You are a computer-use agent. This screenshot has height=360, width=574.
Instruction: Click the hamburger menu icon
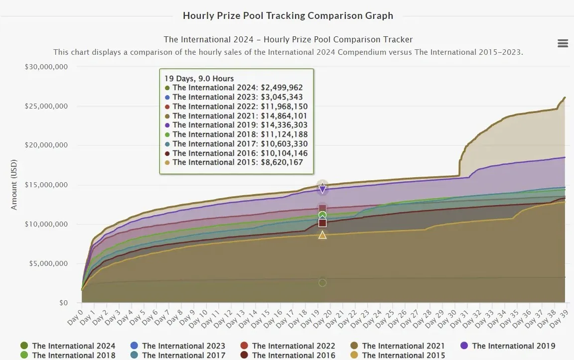563,43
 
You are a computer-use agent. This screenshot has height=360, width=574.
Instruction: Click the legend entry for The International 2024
68,346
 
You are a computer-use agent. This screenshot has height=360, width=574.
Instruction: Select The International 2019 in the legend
508,346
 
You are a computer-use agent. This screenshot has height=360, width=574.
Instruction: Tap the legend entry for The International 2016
287,355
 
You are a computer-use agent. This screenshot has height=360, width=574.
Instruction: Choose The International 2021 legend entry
398,346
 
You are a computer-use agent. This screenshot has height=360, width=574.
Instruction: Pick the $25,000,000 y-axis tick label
46,106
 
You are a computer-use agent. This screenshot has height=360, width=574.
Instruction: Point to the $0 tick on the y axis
64,303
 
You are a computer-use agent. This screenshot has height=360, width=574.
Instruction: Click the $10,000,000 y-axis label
46,224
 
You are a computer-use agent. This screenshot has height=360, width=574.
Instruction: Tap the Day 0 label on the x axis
75,318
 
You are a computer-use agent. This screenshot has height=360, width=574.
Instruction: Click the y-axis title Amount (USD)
14,185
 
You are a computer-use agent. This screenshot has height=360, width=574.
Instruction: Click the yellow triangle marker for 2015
322,235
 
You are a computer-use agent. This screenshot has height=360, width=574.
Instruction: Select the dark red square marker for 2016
322,223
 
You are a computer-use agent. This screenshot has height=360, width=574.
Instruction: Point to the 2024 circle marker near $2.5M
322,283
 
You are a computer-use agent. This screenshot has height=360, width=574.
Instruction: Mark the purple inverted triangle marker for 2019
322,189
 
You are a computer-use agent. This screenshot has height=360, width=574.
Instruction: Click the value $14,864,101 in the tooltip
284,116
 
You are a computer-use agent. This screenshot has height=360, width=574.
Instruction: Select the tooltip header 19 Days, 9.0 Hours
199,79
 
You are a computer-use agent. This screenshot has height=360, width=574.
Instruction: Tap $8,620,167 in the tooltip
282,162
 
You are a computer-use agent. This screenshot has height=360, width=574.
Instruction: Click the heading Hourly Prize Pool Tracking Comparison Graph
288,16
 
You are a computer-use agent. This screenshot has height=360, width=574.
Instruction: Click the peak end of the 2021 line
565,97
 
